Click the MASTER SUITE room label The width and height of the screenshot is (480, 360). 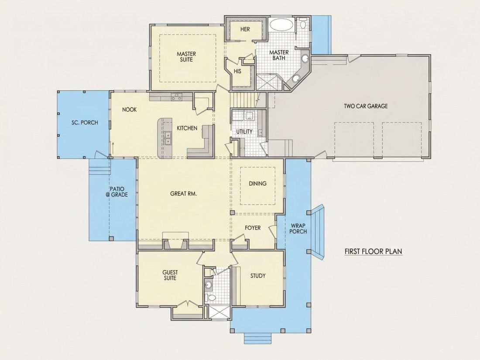(x=186, y=57)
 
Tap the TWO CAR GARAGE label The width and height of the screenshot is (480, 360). (x=366, y=106)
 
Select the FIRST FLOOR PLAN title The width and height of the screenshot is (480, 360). (x=373, y=251)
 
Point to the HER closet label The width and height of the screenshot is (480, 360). (x=245, y=29)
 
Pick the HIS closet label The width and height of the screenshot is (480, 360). (x=237, y=71)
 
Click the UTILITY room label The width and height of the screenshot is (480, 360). (x=244, y=132)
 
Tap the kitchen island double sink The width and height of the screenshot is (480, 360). (x=168, y=138)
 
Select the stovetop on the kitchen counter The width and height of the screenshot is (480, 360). (x=176, y=97)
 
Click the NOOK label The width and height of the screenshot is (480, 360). (x=129, y=110)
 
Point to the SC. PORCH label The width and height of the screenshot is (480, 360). (x=85, y=123)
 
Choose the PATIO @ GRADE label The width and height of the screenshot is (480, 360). (x=117, y=192)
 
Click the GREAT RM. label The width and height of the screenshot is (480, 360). (x=183, y=194)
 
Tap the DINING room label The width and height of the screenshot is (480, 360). (x=257, y=184)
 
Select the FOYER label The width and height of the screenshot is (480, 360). (x=253, y=228)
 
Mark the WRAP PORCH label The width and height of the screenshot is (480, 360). (x=298, y=229)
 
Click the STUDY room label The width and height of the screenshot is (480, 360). (x=258, y=276)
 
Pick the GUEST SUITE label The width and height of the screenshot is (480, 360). (x=170, y=275)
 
